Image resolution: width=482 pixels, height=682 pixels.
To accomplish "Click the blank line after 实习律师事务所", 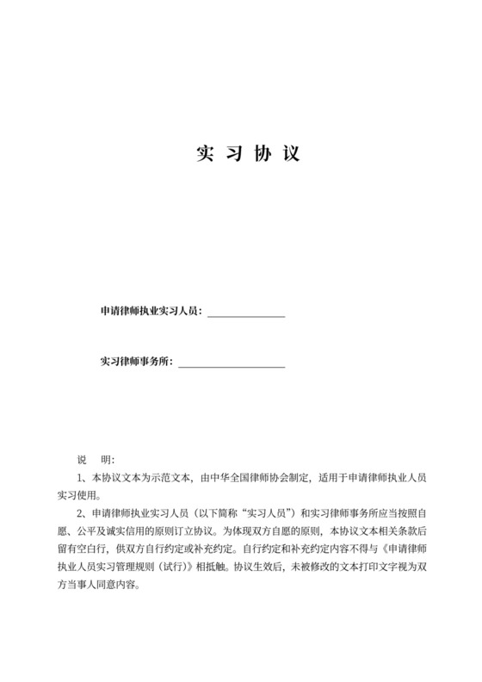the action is click(x=231, y=365).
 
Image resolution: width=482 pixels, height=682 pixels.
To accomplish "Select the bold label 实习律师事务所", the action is click(x=135, y=361).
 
